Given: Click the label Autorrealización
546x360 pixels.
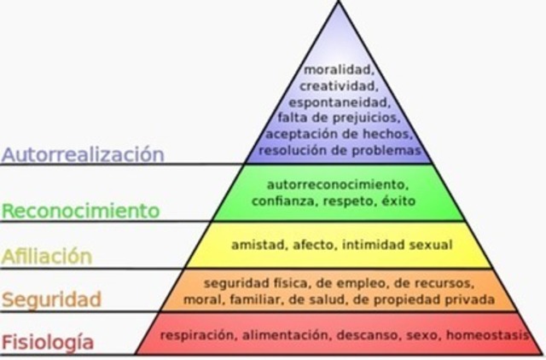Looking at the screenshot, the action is (x=82, y=154).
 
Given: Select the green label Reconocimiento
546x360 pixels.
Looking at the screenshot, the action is (x=80, y=209).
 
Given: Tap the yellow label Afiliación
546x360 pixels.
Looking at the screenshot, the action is (x=46, y=255).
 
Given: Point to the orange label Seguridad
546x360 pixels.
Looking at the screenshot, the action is (x=51, y=299).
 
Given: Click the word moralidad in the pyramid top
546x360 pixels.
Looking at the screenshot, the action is (x=339, y=72).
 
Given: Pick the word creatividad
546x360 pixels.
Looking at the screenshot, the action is (x=339, y=87).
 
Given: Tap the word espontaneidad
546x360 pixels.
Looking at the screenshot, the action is (x=339, y=103).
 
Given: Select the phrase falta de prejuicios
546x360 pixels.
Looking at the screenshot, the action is (x=339, y=119).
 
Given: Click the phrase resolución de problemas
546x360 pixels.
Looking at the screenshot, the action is (x=339, y=150).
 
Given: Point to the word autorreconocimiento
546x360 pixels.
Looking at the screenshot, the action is (x=338, y=183).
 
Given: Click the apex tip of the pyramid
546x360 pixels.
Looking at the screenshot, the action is (x=340, y=3).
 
